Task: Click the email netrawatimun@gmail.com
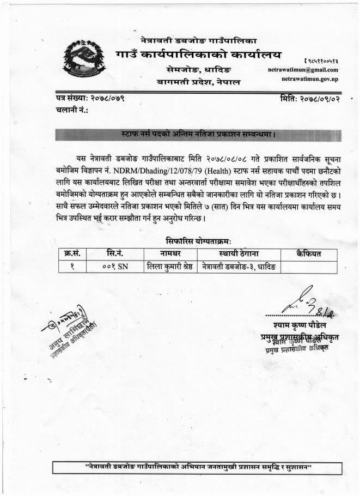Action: pyautogui.click(x=303, y=70)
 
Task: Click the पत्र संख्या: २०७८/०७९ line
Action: pyautogui.click(x=90, y=99)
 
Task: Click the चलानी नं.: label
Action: pyautogui.click(x=71, y=110)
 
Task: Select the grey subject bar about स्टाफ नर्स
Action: pyautogui.click(x=198, y=133)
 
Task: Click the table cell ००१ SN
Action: pyautogui.click(x=114, y=266)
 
